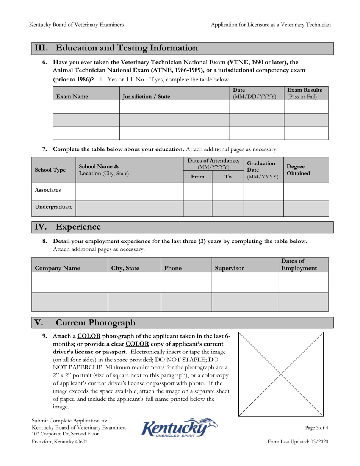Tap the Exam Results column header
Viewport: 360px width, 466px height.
(305, 93)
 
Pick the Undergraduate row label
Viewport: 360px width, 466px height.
(53, 208)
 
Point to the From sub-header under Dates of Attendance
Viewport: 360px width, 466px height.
(197, 176)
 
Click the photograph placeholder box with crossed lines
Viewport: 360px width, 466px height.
(281, 374)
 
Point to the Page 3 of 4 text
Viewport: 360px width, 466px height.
(316, 428)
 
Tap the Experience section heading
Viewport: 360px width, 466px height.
(78, 227)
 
